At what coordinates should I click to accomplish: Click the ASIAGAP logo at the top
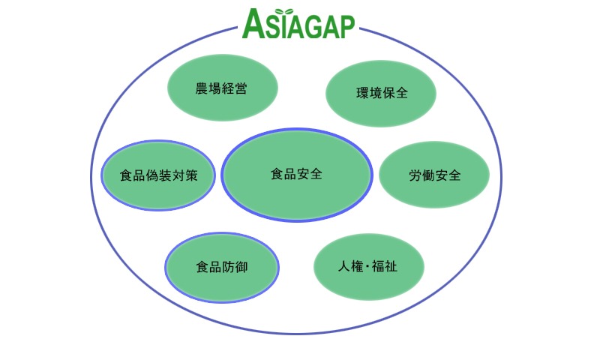(298, 24)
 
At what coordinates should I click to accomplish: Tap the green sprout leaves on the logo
(284, 11)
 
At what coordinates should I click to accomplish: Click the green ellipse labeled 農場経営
(222, 88)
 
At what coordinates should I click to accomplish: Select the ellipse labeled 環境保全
(381, 93)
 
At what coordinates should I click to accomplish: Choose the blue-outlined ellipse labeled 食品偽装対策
(158, 175)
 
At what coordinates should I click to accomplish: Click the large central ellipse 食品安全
(296, 175)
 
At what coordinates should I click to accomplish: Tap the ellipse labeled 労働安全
(434, 175)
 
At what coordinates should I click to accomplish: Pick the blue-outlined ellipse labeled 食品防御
(222, 267)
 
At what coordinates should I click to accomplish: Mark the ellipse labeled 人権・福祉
(369, 267)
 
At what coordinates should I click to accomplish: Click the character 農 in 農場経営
(202, 88)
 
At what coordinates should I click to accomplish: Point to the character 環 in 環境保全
(362, 93)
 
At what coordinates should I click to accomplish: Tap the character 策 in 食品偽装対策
(191, 175)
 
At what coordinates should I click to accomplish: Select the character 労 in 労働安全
(415, 175)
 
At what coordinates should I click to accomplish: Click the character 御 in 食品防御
(241, 267)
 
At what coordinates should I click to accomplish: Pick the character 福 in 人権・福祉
(378, 266)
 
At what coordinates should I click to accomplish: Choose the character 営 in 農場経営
(241, 88)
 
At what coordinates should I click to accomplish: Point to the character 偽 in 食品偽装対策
(152, 175)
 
